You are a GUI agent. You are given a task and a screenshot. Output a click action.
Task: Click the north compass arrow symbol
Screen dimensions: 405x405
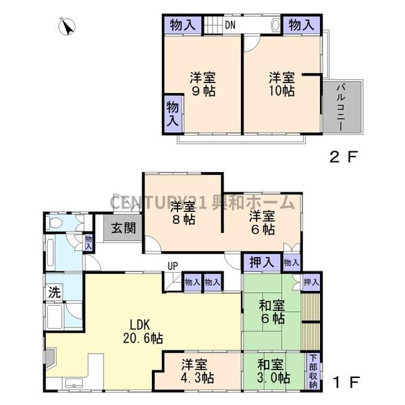click(67, 27)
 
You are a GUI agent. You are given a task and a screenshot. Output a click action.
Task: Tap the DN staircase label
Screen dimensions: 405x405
click(230, 26)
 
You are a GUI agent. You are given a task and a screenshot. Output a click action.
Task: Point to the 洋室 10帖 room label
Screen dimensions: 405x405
click(281, 84)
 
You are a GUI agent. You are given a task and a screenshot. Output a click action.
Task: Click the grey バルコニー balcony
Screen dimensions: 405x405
click(342, 107)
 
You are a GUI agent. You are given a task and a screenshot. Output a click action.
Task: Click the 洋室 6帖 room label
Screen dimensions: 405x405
click(262, 223)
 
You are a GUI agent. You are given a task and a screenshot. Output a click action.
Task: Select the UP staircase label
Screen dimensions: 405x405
click(173, 266)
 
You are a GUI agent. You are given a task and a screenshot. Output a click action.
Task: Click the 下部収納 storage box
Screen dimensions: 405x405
click(313, 371)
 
